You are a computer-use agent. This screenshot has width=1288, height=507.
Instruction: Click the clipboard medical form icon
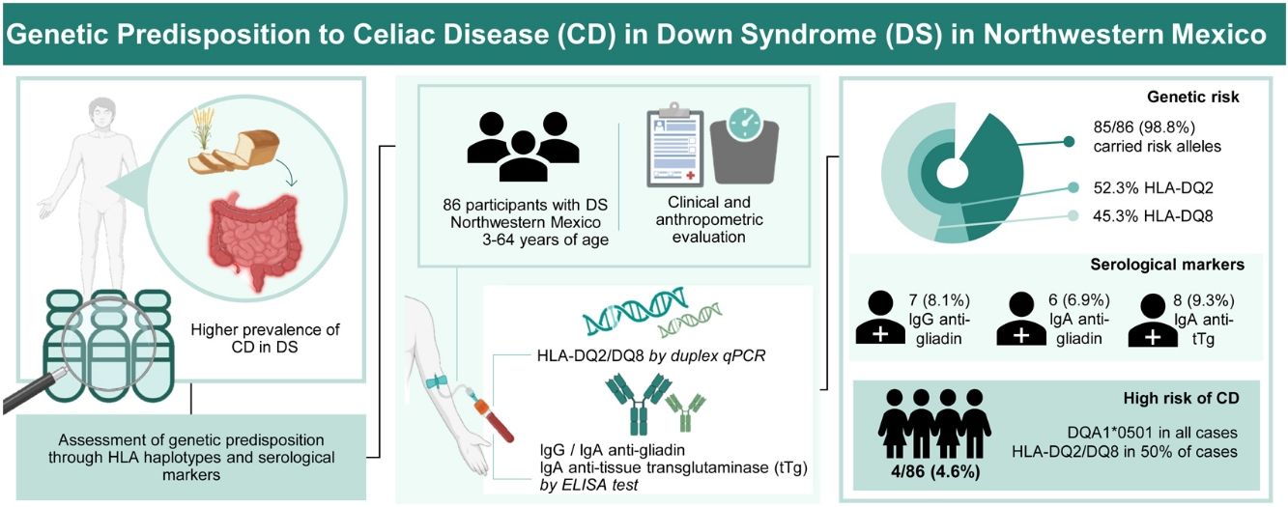pos(674,145)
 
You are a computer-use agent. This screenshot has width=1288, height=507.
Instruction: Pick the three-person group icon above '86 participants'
pos(524,147)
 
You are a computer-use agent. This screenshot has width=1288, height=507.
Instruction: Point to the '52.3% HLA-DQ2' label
pos(1153,188)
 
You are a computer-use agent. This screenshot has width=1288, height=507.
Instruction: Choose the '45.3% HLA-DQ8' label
pos(1153,216)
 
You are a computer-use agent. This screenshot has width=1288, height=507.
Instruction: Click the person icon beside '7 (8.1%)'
pos(880,318)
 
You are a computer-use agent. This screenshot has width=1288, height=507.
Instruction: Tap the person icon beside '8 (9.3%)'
pos(1153,321)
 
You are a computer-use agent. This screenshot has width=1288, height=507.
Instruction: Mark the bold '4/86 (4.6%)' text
pos(935,472)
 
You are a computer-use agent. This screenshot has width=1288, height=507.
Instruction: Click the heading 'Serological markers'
pos(1167,265)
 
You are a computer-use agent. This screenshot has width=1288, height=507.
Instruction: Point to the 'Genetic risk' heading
pos(1193,97)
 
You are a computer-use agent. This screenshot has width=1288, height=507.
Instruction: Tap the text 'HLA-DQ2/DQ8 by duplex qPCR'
pos(651,355)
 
